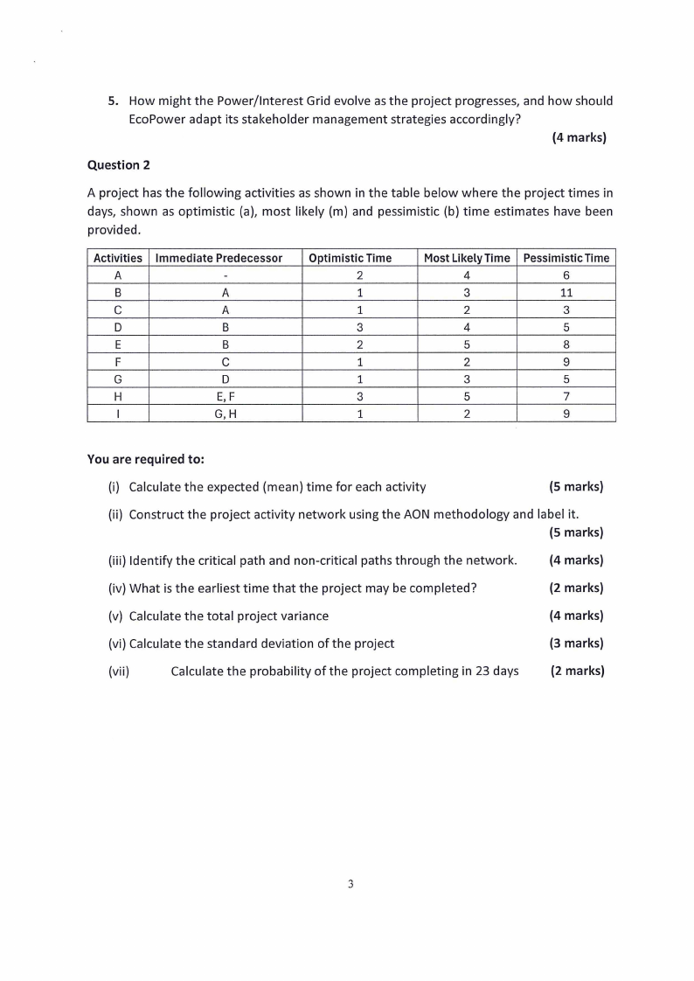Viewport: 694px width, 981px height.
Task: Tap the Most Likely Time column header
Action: tap(467, 258)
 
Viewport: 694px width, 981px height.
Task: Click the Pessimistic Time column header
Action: tap(566, 258)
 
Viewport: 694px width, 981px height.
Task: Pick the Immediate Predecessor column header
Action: tap(219, 258)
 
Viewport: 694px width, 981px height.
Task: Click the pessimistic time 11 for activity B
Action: tap(566, 292)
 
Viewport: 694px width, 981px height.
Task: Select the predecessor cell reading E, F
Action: tap(225, 395)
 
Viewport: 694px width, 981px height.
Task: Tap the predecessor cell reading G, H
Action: tap(225, 413)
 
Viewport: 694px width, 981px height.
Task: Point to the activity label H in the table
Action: tap(117, 395)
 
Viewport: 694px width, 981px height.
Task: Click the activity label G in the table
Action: tap(117, 379)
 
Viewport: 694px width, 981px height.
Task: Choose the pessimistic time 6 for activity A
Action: tap(566, 275)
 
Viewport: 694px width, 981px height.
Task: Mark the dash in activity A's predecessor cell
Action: tap(225, 275)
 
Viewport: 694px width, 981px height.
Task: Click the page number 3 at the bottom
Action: tap(350, 884)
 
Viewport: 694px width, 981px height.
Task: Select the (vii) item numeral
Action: tap(119, 671)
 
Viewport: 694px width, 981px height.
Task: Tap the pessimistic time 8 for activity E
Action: tap(566, 344)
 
